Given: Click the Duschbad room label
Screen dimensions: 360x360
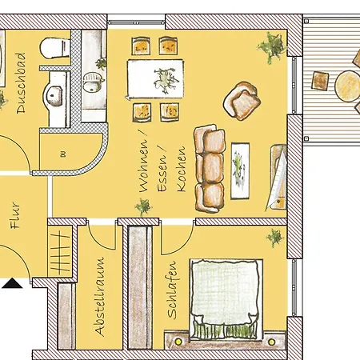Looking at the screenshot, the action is coord(21,83).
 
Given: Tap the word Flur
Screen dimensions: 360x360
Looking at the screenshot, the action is coord(15,215).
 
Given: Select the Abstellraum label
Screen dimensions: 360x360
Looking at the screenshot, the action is coord(100,296).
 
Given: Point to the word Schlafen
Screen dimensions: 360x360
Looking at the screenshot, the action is coord(172,290).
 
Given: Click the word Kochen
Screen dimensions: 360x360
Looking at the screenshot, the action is coord(181,169).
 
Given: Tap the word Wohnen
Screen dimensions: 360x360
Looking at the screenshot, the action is coord(143,165).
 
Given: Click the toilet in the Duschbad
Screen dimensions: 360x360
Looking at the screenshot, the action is coord(55,48).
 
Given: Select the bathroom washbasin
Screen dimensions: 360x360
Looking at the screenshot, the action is coord(54,95).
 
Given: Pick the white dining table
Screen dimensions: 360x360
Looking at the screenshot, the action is coord(155,79).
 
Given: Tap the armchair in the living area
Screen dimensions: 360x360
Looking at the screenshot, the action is coord(242,101).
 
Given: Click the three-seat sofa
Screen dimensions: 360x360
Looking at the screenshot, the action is coord(210,168).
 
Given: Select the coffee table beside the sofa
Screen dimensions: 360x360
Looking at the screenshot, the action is coord(240,170).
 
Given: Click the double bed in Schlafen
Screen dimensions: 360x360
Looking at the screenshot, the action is coord(226,300).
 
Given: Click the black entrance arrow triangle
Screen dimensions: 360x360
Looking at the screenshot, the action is coord(12,283).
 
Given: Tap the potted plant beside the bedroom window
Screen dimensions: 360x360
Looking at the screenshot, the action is coord(274,237).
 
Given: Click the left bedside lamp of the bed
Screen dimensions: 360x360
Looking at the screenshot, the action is coord(178,341).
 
